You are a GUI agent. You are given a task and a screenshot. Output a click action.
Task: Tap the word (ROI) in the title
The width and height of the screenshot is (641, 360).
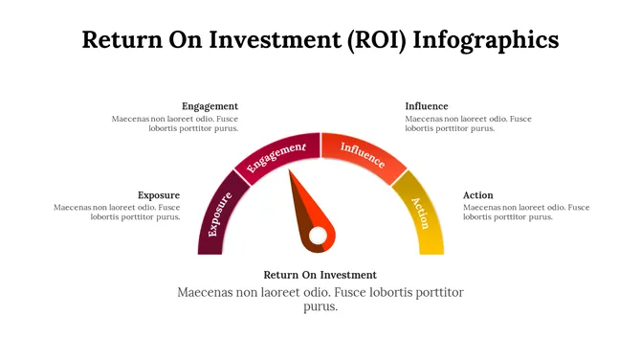tap(389, 40)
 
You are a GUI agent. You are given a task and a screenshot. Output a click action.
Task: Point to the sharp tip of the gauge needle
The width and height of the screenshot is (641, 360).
tap(292, 171)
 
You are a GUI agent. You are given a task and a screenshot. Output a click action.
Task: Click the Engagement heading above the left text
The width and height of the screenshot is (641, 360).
tap(210, 106)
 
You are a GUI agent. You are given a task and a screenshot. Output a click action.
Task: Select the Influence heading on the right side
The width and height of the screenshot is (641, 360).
tap(426, 106)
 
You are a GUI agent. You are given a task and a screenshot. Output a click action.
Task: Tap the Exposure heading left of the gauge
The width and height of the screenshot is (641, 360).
tap(159, 195)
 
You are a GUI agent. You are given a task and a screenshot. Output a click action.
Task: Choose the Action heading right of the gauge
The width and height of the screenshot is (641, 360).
tap(478, 195)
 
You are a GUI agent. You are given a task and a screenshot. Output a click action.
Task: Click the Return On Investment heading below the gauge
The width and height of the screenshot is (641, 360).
tap(320, 275)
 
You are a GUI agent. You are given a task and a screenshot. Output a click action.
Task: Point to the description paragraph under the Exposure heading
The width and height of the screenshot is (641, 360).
tap(118, 212)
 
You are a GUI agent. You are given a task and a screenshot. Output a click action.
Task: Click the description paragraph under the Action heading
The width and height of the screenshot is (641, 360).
tap(525, 212)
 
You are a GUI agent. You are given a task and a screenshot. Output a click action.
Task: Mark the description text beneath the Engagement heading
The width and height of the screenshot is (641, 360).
tap(175, 124)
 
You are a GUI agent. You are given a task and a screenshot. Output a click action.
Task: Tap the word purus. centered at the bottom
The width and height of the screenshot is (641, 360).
tap(320, 307)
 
